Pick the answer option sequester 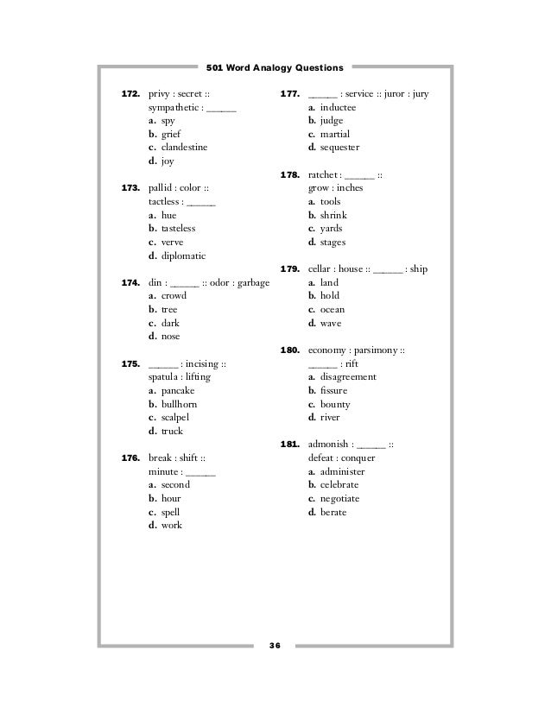tap(339, 148)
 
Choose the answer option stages tap(333, 243)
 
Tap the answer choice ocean tap(332, 310)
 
